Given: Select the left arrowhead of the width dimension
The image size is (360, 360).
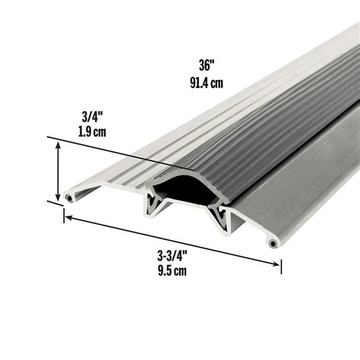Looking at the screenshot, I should [x=67, y=218].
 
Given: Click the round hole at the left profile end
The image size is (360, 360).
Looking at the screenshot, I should [x=69, y=197].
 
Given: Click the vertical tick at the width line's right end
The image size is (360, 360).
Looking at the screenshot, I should [x=282, y=266].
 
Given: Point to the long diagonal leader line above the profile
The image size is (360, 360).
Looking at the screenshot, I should [x=114, y=152].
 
